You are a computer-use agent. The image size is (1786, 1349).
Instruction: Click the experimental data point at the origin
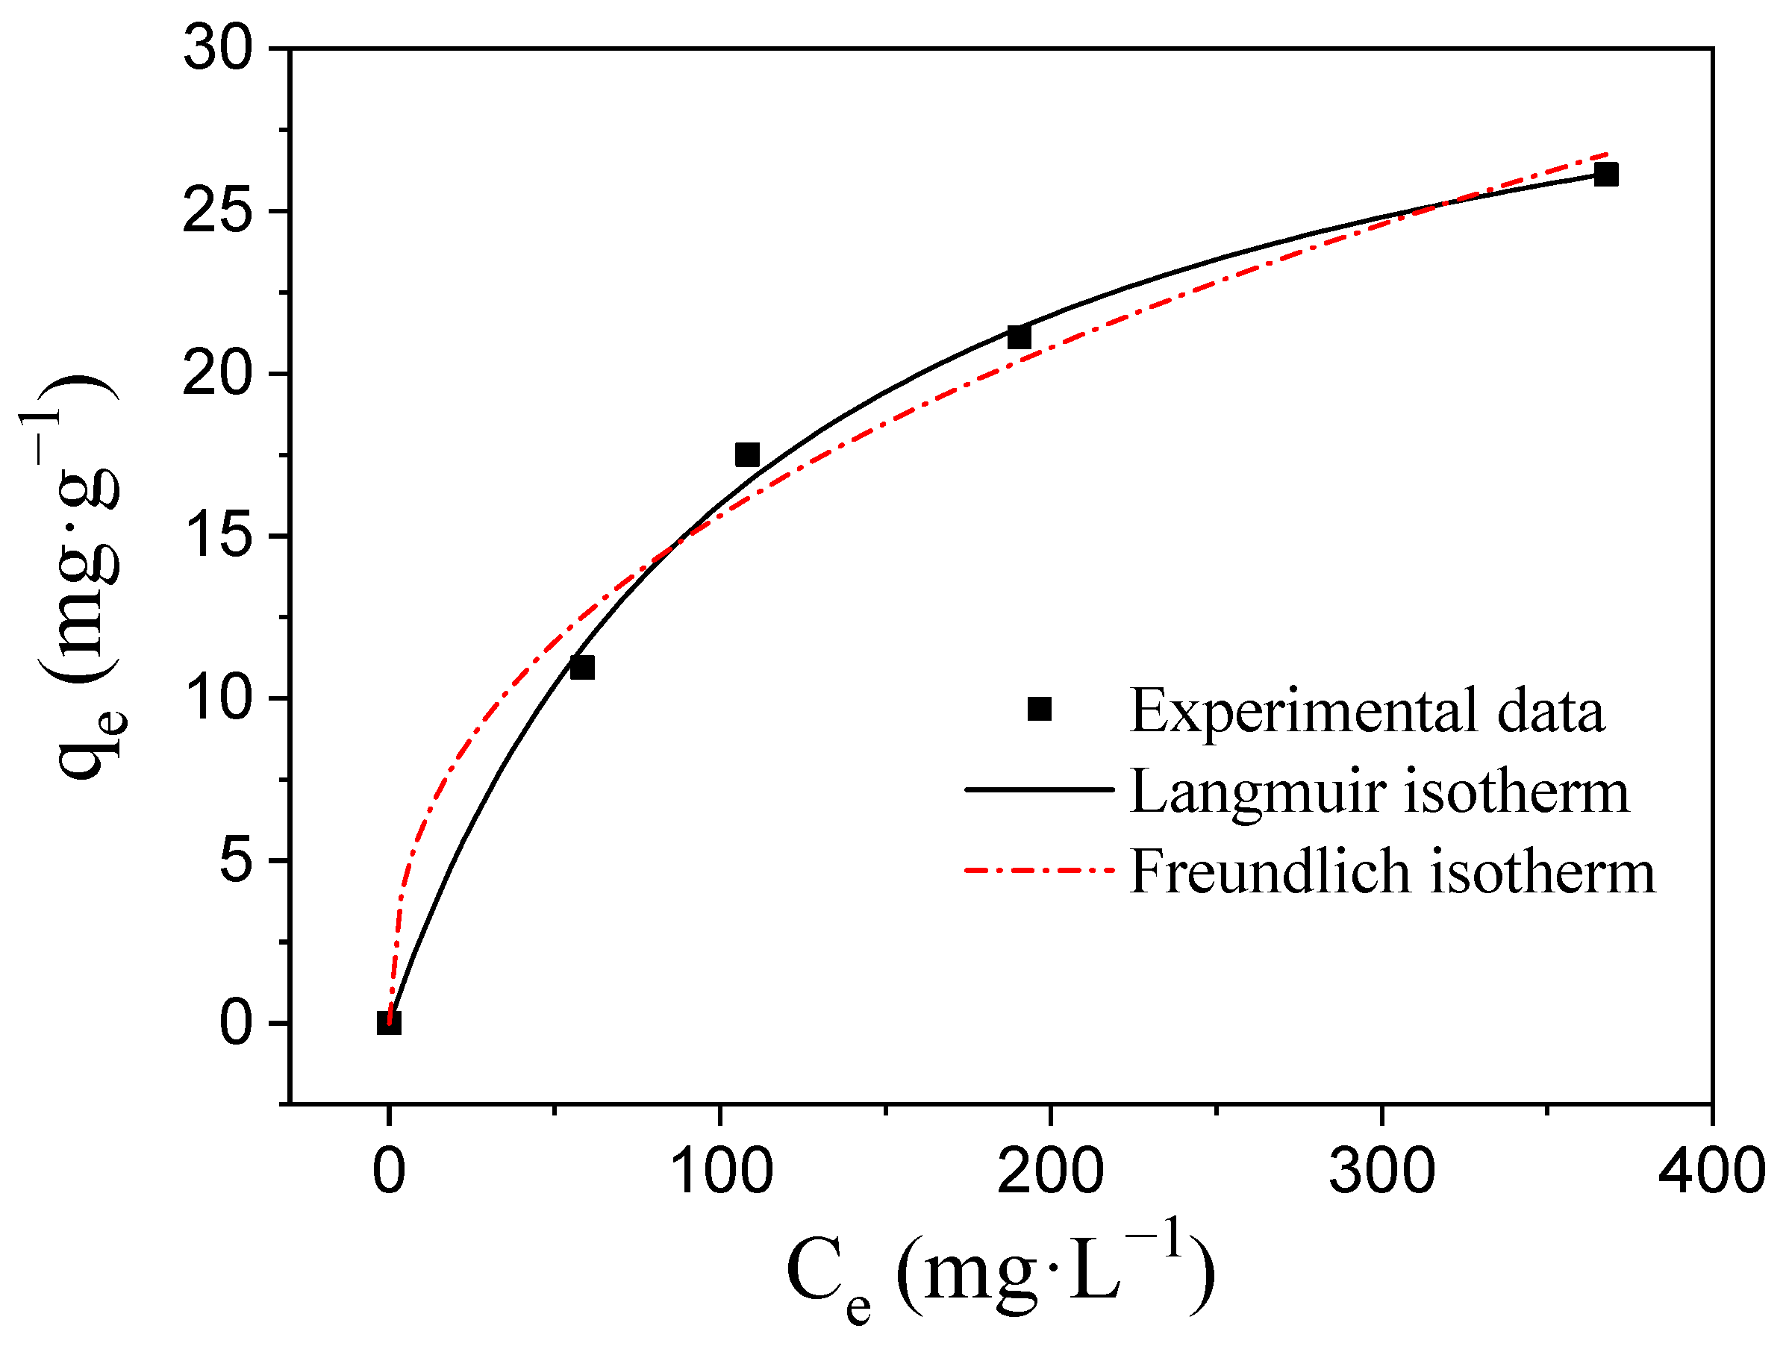point(388,1023)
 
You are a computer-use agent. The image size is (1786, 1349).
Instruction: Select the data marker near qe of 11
point(582,668)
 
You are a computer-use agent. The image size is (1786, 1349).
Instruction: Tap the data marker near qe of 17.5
point(747,455)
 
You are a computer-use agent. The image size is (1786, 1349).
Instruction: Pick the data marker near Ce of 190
point(1019,337)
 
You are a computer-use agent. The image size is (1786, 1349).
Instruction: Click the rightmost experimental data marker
point(1606,175)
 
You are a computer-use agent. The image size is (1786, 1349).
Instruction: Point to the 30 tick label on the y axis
point(218,48)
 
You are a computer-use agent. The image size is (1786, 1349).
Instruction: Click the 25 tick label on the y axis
point(218,211)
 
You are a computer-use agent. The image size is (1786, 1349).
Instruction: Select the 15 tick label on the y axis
point(218,536)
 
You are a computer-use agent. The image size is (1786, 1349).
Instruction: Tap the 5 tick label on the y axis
point(236,860)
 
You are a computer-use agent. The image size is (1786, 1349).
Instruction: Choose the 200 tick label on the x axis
point(1050,1172)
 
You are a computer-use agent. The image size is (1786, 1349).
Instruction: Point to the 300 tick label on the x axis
point(1381,1172)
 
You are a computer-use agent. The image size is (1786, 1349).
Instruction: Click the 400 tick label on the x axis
point(1711,1172)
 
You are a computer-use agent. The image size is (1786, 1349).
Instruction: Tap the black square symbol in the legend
point(1039,709)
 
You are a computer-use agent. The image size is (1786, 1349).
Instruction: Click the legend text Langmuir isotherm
point(1379,791)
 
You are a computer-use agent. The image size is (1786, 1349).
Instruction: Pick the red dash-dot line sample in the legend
point(1039,870)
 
